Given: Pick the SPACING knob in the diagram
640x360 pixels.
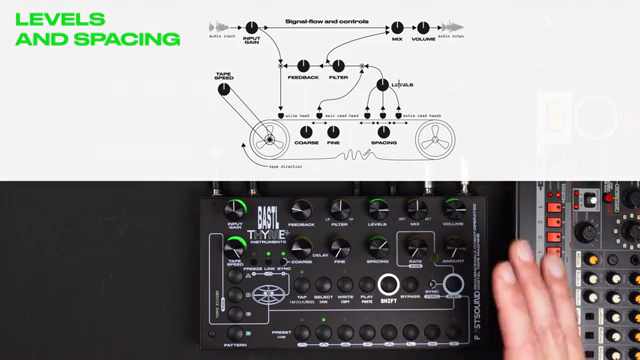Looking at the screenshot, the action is point(383,131).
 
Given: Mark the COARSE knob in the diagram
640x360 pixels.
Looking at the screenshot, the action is point(305,131).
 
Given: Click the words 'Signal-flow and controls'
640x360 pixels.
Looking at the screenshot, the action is point(326,21).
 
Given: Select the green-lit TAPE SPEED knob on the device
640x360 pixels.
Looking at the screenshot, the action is point(234,246).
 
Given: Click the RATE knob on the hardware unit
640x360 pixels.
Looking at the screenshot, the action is point(415,248).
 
